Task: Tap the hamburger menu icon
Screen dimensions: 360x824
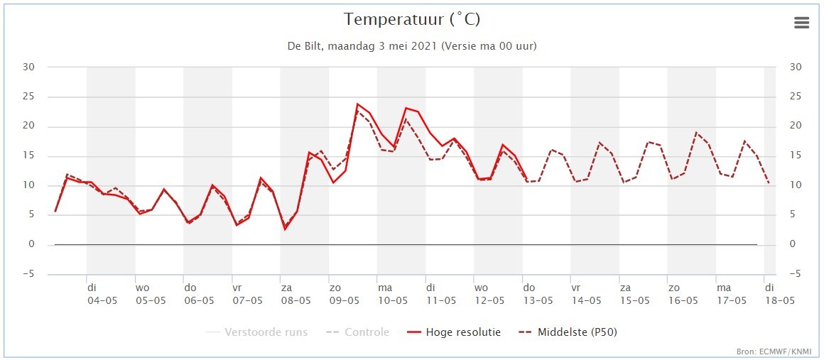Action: click(x=801, y=23)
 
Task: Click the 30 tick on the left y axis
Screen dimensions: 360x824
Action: click(x=31, y=67)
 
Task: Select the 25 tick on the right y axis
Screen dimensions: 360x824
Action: click(x=796, y=97)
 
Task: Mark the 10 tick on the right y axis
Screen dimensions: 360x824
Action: click(x=796, y=185)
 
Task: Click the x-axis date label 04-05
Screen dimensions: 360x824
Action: click(x=102, y=300)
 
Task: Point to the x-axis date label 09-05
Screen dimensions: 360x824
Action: click(x=344, y=300)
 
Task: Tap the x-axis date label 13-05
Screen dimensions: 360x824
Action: click(x=538, y=300)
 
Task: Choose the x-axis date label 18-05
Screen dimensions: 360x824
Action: click(x=779, y=300)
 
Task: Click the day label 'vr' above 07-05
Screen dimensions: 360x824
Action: click(x=238, y=288)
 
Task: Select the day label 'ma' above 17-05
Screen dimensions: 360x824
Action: click(x=724, y=288)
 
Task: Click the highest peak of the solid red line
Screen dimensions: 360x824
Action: click(x=357, y=104)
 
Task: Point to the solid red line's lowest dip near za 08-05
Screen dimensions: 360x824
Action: click(x=285, y=229)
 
